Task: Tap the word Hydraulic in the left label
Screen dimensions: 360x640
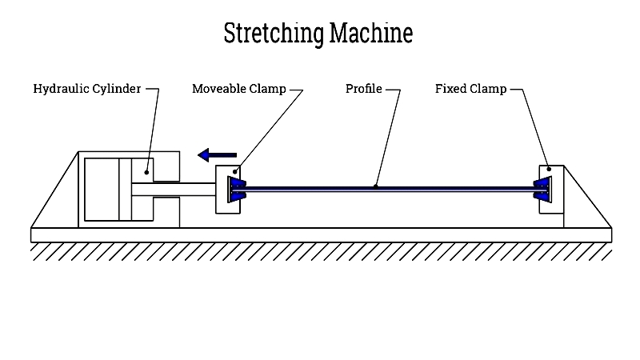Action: point(62,89)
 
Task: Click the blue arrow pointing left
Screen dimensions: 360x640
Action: point(218,154)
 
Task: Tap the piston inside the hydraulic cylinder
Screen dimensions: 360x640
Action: point(125,190)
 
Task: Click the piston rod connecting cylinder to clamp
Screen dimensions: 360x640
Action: point(184,190)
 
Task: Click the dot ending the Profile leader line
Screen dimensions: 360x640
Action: point(376,187)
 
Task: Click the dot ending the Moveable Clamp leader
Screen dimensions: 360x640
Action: point(234,170)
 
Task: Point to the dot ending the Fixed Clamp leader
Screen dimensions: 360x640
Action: point(548,170)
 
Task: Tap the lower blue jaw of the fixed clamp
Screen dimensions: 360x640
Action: point(542,195)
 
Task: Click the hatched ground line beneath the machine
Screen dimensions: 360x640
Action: point(320,251)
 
